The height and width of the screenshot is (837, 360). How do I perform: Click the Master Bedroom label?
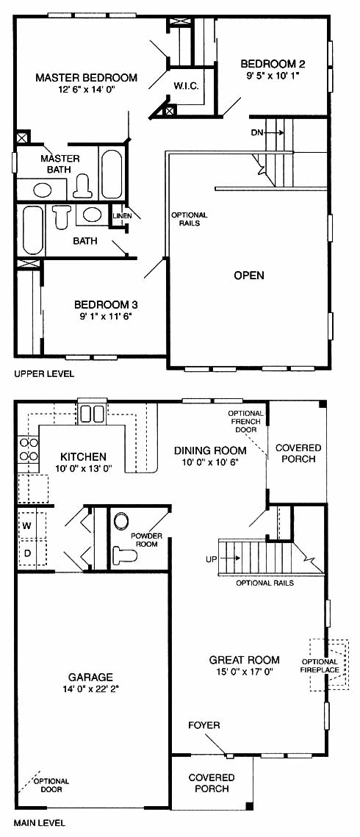(86, 78)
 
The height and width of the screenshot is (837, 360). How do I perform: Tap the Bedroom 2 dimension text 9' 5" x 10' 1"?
(273, 76)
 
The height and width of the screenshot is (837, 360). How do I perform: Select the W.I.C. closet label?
(186, 85)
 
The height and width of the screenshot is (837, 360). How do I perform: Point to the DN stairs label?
(258, 133)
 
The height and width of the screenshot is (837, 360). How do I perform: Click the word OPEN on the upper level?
(249, 276)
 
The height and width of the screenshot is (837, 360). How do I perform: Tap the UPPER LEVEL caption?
(44, 373)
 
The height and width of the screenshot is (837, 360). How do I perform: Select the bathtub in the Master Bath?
(112, 174)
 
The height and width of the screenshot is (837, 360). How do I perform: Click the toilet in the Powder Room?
(126, 553)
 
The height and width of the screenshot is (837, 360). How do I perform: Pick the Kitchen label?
(83, 457)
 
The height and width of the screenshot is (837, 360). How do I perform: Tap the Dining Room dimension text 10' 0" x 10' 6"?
(210, 462)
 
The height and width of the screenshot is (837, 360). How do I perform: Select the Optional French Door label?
(246, 421)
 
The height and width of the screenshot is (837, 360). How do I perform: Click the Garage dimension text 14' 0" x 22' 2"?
(90, 689)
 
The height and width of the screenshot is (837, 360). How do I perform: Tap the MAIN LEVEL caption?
(40, 823)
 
